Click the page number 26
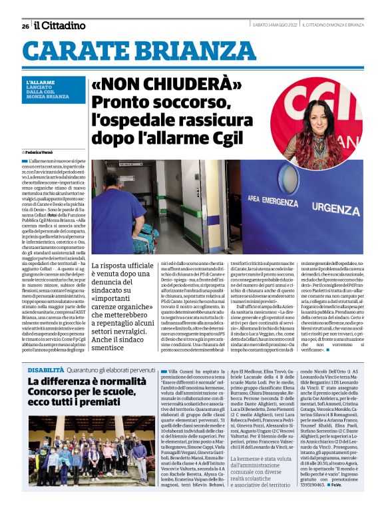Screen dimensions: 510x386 (25, 26)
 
